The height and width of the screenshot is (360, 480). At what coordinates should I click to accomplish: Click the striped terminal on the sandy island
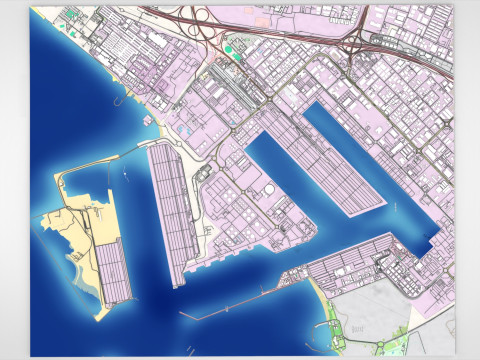pos(112,271)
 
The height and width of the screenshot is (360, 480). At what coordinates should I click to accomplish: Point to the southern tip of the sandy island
pos(98,315)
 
